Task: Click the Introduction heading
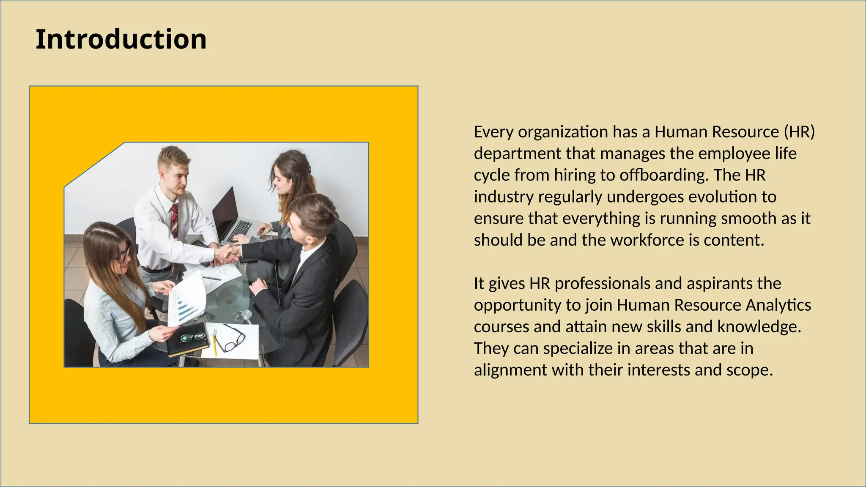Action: pyautogui.click(x=121, y=39)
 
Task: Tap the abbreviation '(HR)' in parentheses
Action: pyautogui.click(x=799, y=132)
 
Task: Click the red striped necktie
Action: pyautogui.click(x=174, y=220)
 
